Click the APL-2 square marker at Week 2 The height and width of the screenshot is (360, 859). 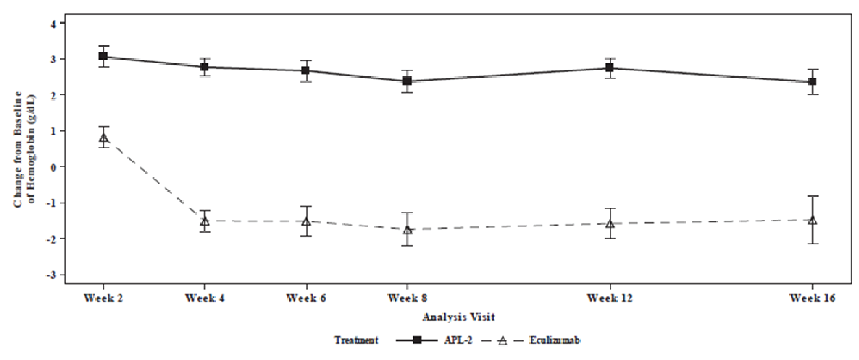coord(103,56)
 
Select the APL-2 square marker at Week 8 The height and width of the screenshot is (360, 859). coord(407,81)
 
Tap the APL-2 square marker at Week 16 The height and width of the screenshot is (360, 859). coord(812,81)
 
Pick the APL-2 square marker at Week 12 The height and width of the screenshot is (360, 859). coord(609,68)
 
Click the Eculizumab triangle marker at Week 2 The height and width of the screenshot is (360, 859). coord(103,138)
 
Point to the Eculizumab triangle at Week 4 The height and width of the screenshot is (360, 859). coord(205,221)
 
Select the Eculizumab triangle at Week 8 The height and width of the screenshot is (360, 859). coord(407,230)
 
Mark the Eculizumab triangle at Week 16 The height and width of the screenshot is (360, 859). coord(812,220)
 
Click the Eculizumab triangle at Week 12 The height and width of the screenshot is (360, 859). coord(609,224)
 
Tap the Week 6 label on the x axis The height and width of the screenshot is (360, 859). coord(306,298)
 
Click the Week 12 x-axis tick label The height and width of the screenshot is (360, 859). coord(609,298)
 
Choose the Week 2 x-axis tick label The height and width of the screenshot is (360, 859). coord(103,298)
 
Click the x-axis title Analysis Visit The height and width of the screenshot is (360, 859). coord(459,317)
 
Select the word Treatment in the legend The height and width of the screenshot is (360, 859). coord(357,340)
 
